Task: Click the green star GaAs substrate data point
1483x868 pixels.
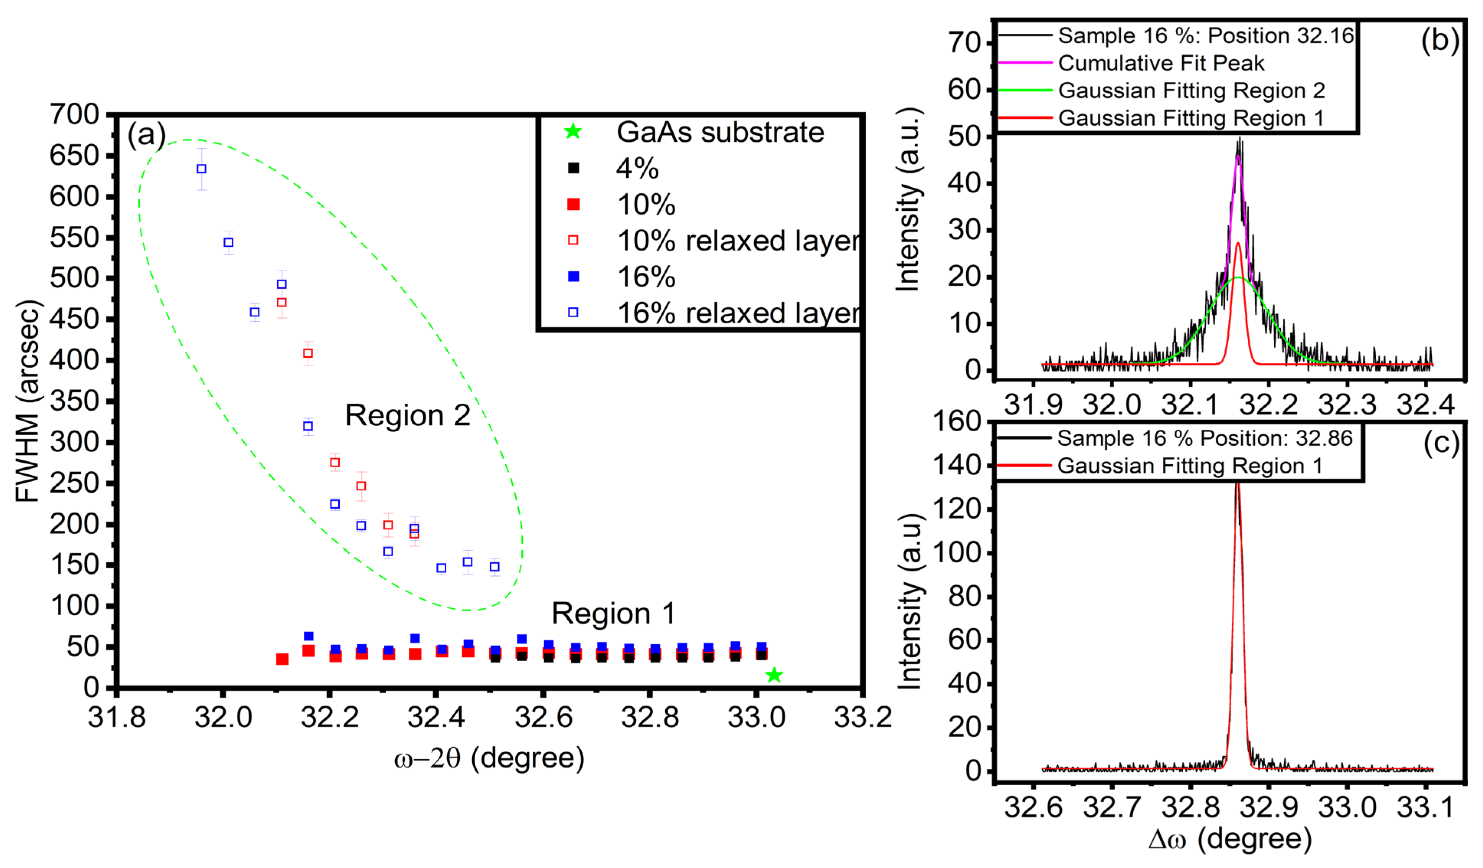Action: (774, 675)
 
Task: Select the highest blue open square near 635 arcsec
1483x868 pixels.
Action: (201, 169)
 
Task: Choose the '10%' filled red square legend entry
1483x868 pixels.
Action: (646, 205)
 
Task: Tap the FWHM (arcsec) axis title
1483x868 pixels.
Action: (27, 401)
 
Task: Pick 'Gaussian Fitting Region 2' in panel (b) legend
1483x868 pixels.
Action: (1191, 91)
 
